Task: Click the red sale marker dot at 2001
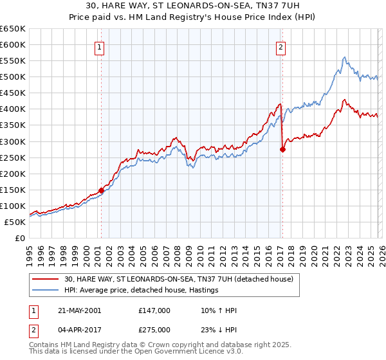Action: pyautogui.click(x=101, y=190)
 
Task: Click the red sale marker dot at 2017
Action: pyautogui.click(x=282, y=149)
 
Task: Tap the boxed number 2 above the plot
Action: pyautogui.click(x=282, y=46)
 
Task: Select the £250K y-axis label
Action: pyautogui.click(x=12, y=157)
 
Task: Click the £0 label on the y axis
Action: pyautogui.click(x=19, y=238)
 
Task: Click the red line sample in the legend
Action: pyautogui.click(x=46, y=279)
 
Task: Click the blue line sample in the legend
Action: pyautogui.click(x=46, y=291)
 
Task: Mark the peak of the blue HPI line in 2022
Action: pyautogui.click(x=344, y=57)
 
